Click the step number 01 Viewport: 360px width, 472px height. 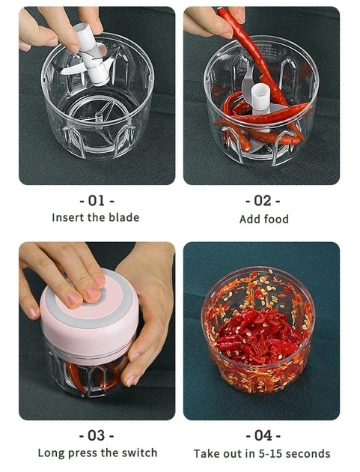pos(97,201)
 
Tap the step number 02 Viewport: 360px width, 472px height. pos(263,201)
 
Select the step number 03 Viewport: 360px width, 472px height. pos(97,435)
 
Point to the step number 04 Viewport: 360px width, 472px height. pos(263,435)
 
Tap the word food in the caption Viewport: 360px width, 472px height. pos(275,219)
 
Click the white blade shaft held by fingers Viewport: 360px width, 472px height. pos(92,55)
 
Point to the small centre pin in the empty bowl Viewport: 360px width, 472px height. pos(98,116)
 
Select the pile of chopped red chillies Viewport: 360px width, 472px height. pos(258,335)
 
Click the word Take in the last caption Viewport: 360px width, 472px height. pos(206,453)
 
